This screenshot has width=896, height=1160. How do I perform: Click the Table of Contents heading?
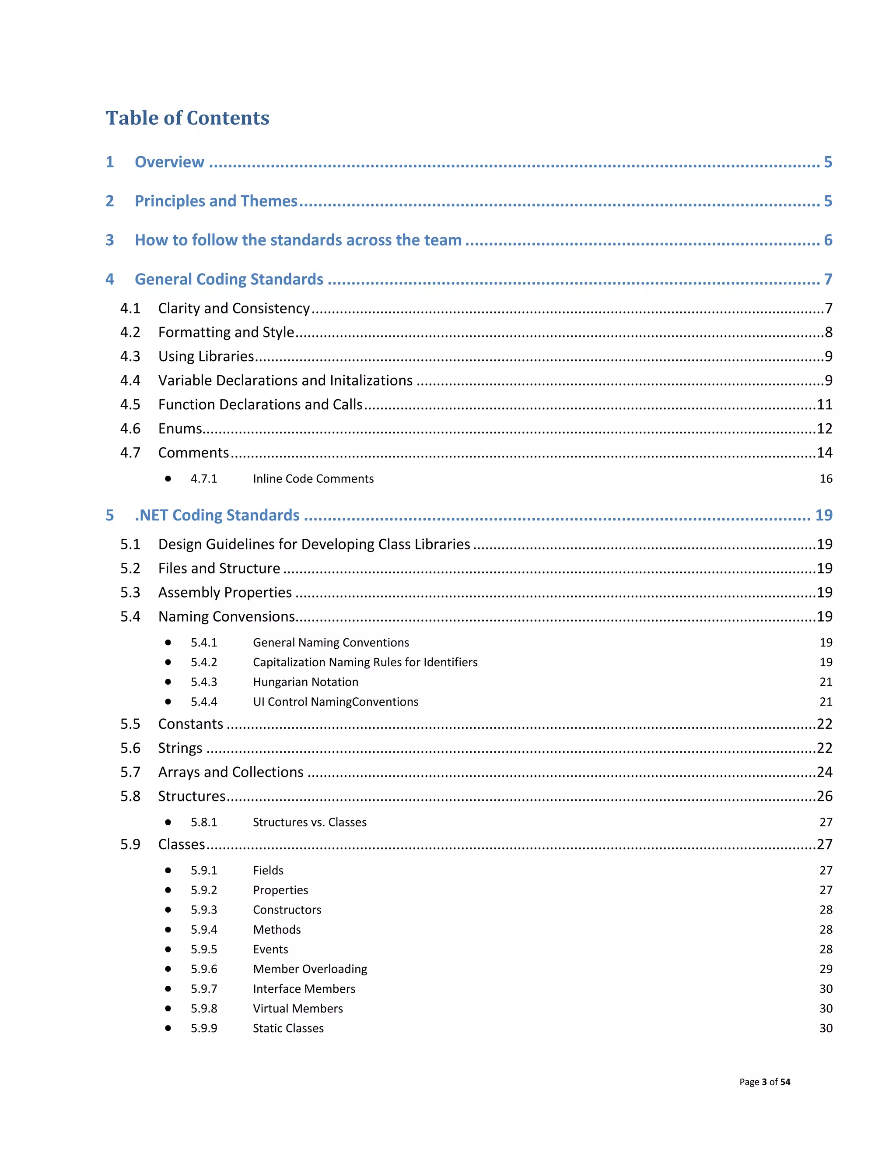point(187,118)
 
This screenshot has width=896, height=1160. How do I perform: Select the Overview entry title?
point(169,162)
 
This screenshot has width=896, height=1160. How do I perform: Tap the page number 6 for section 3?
point(827,240)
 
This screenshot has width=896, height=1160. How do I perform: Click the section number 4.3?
point(130,356)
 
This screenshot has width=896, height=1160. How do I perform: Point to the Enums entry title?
point(180,429)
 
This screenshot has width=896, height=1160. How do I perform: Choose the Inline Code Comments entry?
point(313,478)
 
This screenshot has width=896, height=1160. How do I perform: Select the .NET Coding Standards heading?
point(217,515)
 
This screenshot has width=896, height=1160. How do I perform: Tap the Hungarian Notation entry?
point(305,682)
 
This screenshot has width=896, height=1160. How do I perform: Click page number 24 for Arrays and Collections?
point(824,772)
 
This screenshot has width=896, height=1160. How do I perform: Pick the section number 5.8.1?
point(204,822)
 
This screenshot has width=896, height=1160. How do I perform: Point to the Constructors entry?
point(287,910)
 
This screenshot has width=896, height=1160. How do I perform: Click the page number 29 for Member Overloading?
point(826,969)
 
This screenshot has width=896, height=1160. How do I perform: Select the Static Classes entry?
point(288,1028)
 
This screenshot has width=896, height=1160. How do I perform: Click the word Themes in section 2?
point(269,201)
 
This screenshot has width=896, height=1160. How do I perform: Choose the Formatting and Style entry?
point(226,333)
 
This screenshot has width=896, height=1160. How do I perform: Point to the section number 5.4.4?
point(204,702)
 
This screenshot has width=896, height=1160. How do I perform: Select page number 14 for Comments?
point(824,453)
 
